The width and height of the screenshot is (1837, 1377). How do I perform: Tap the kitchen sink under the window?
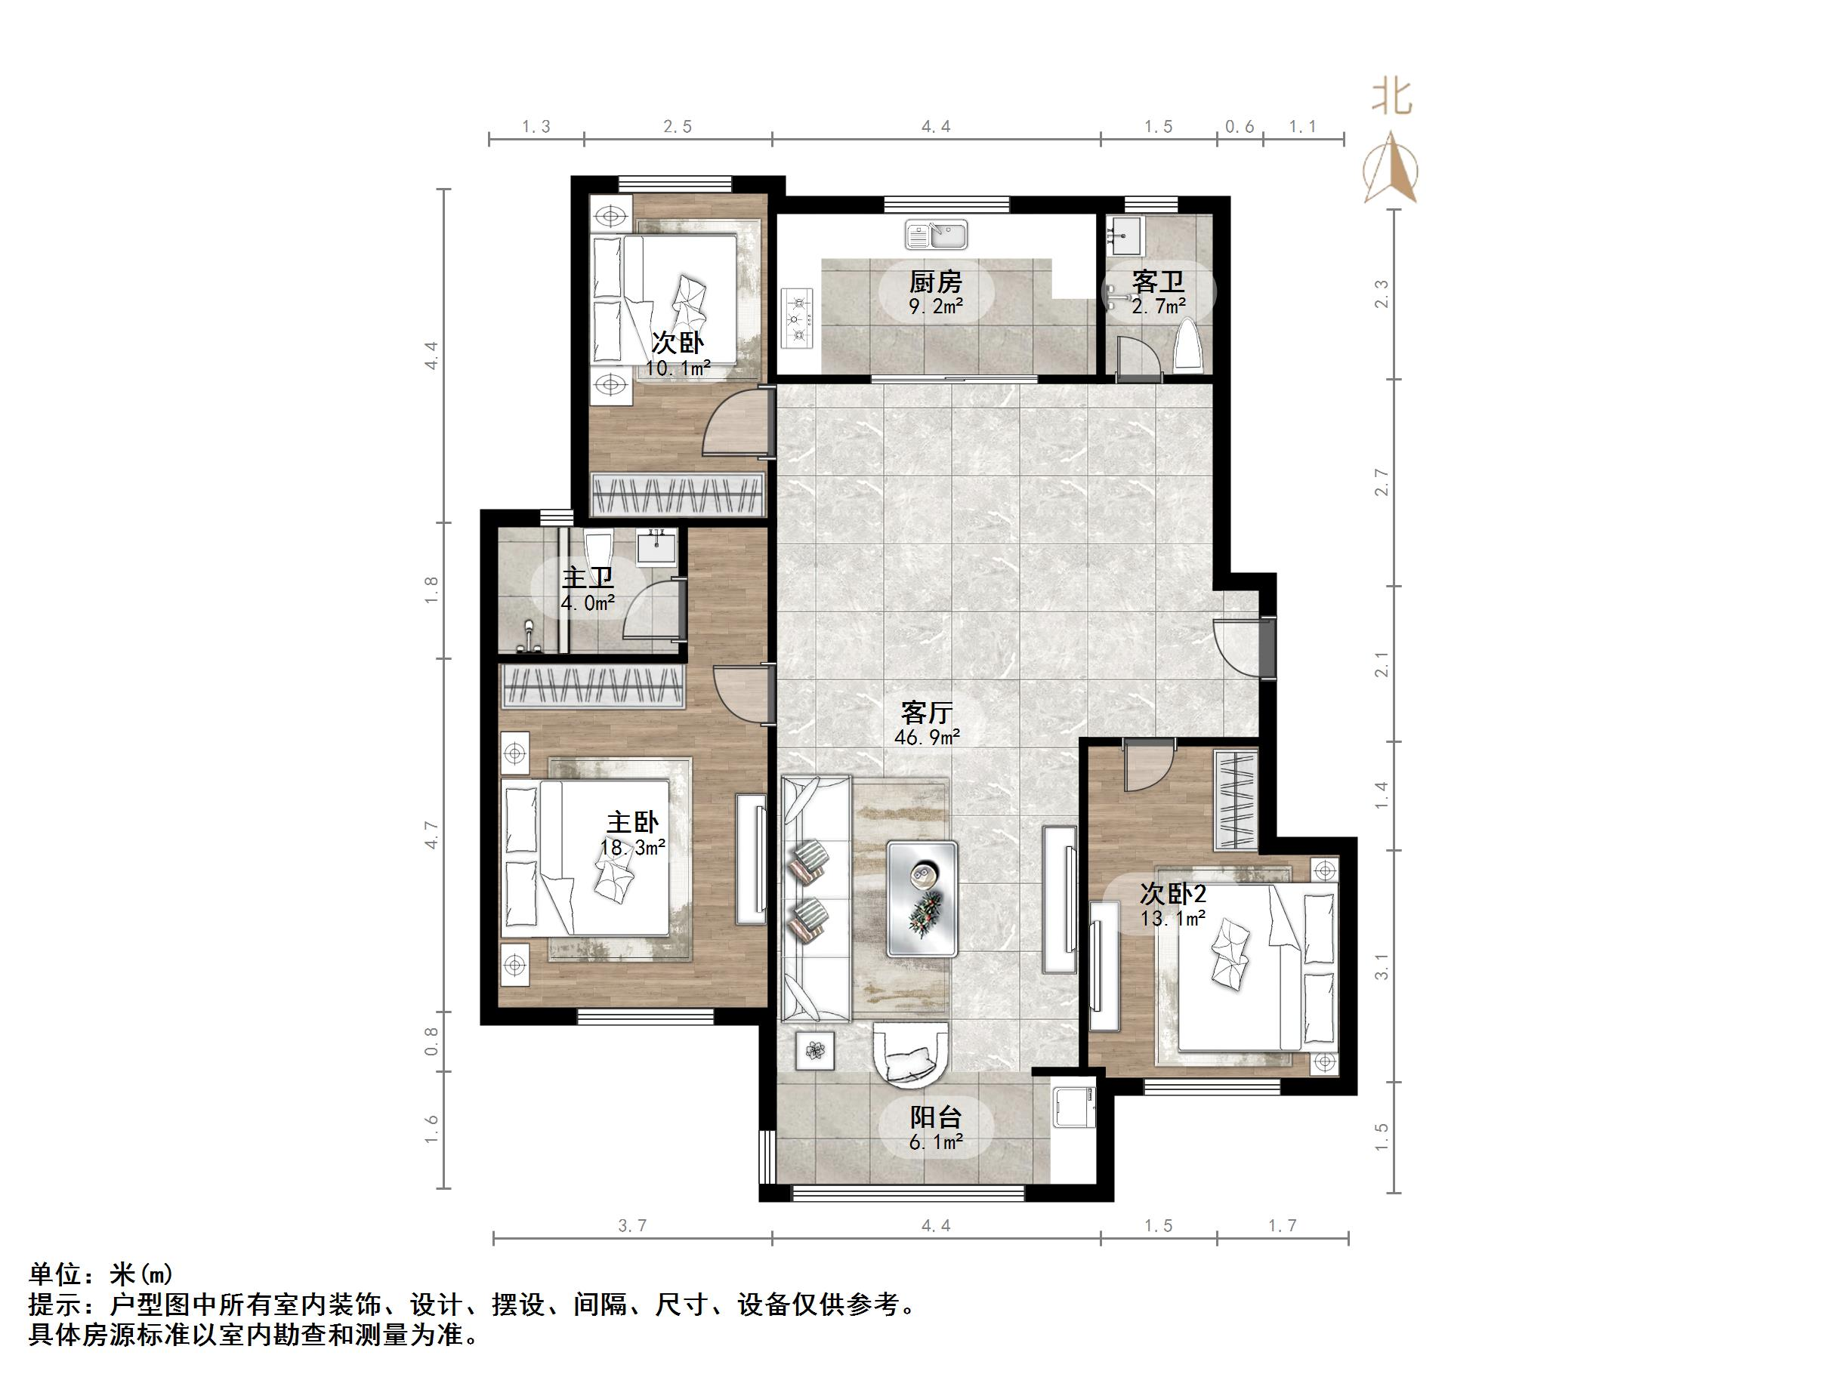[936, 234]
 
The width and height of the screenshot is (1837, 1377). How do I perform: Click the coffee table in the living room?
[922, 899]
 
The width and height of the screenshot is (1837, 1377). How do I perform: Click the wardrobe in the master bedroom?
[592, 685]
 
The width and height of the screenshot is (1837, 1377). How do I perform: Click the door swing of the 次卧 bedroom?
[734, 424]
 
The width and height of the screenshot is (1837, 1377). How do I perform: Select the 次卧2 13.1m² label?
[1172, 904]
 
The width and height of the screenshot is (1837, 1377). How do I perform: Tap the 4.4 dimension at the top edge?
[935, 127]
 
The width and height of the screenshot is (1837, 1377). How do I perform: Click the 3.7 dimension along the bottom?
[632, 1226]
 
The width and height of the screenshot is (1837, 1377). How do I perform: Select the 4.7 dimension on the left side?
[431, 834]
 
